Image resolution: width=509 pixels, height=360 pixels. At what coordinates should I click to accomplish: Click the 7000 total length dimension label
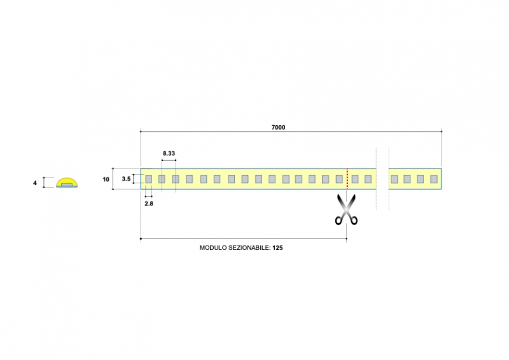(x=278, y=127)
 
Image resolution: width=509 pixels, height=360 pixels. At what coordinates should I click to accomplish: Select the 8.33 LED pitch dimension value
(x=169, y=153)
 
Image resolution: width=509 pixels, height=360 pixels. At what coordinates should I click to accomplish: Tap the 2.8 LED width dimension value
(x=149, y=204)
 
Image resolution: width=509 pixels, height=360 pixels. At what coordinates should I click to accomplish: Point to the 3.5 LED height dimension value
(x=126, y=179)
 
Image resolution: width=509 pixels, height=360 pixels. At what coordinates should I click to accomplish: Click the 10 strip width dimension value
(x=106, y=179)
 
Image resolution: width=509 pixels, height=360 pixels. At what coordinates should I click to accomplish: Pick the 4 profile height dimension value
(x=35, y=183)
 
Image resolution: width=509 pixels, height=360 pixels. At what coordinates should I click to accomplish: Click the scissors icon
(x=346, y=209)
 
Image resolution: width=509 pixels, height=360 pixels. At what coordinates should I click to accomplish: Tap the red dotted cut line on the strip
(x=347, y=179)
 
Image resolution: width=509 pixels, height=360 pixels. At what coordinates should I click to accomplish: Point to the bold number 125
(x=277, y=247)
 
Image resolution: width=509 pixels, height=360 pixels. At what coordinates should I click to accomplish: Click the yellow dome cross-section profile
(x=67, y=183)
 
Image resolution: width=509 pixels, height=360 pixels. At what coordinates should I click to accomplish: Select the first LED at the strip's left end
(x=149, y=179)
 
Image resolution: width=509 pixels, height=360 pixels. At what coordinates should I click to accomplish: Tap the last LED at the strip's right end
(x=434, y=179)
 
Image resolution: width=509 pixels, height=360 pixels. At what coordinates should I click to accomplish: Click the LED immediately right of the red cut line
(x=355, y=179)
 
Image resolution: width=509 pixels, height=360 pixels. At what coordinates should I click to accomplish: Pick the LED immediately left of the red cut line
(x=339, y=179)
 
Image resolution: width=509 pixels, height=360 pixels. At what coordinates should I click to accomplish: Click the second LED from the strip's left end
(x=162, y=179)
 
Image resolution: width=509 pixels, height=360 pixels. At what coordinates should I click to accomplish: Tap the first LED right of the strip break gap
(x=394, y=179)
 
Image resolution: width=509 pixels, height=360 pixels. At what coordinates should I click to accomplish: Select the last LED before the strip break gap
(x=368, y=179)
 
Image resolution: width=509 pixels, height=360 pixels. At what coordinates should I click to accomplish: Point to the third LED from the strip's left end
(x=176, y=179)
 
